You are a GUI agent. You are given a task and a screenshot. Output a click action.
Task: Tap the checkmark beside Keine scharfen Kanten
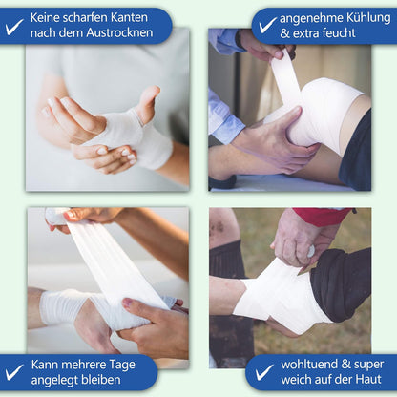pos(14,26)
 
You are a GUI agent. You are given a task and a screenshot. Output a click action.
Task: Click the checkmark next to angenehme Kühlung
pos(267,26)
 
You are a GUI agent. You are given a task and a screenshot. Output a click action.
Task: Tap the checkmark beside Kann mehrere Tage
pos(14,373)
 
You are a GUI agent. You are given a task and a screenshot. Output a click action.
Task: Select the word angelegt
pos(58,381)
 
